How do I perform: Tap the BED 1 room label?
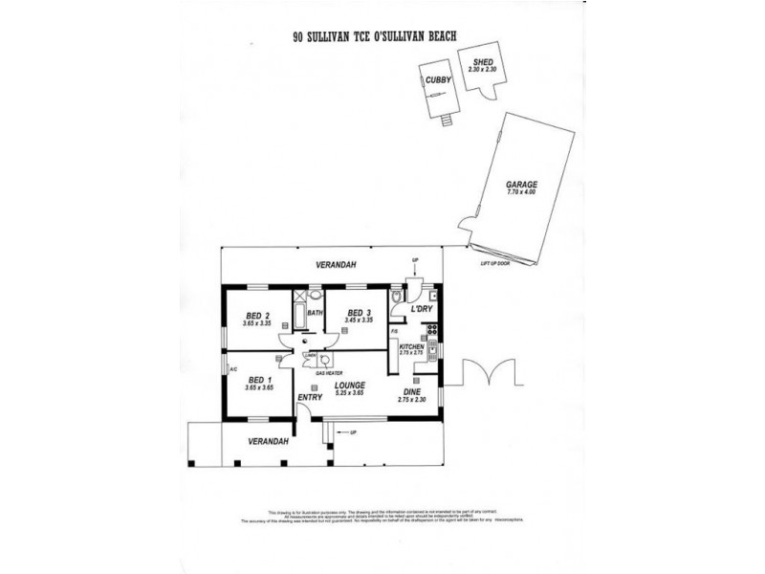(253, 380)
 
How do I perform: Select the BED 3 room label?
(359, 313)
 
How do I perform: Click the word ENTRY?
(310, 397)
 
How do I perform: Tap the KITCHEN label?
(411, 345)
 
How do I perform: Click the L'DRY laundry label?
(421, 310)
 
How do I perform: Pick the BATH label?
(315, 313)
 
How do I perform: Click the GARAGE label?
(522, 185)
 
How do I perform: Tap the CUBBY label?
(438, 80)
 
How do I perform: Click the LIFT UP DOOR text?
(495, 263)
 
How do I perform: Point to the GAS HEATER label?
(317, 373)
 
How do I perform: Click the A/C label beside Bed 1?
(232, 367)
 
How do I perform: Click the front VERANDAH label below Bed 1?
(268, 441)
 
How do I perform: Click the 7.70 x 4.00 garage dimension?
(522, 193)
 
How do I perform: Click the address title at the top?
(375, 37)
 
